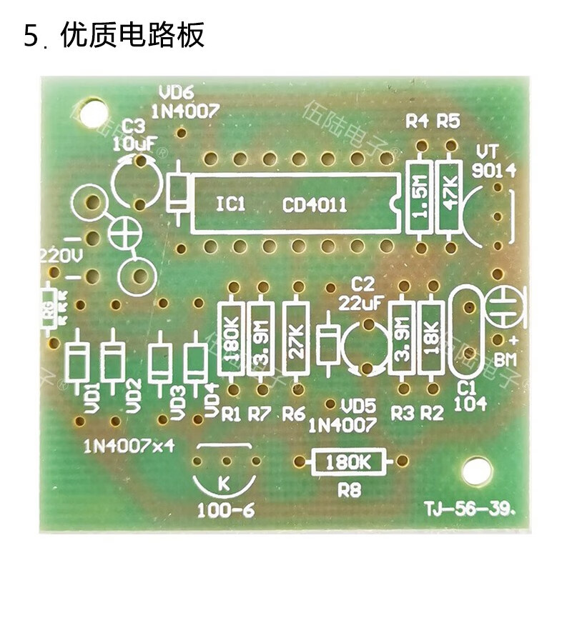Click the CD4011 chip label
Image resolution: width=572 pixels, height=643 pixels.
tap(315, 206)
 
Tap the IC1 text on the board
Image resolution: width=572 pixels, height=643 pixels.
tap(231, 206)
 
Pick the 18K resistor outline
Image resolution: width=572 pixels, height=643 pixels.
tap(432, 337)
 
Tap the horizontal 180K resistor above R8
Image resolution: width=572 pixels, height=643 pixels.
tap(349, 462)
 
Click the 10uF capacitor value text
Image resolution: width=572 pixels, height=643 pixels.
tap(134, 143)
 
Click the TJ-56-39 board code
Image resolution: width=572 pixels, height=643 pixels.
tap(470, 509)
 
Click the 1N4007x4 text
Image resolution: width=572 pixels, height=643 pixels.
tap(129, 447)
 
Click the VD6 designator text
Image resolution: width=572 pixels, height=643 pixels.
tap(177, 93)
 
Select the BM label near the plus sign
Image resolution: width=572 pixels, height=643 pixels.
tap(506, 359)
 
